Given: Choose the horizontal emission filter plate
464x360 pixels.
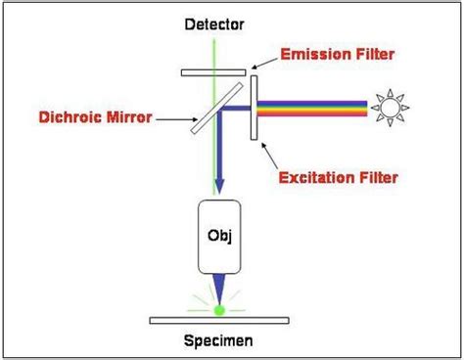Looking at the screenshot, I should [212, 70].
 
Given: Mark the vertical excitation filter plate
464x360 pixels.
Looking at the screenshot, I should [255, 108].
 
